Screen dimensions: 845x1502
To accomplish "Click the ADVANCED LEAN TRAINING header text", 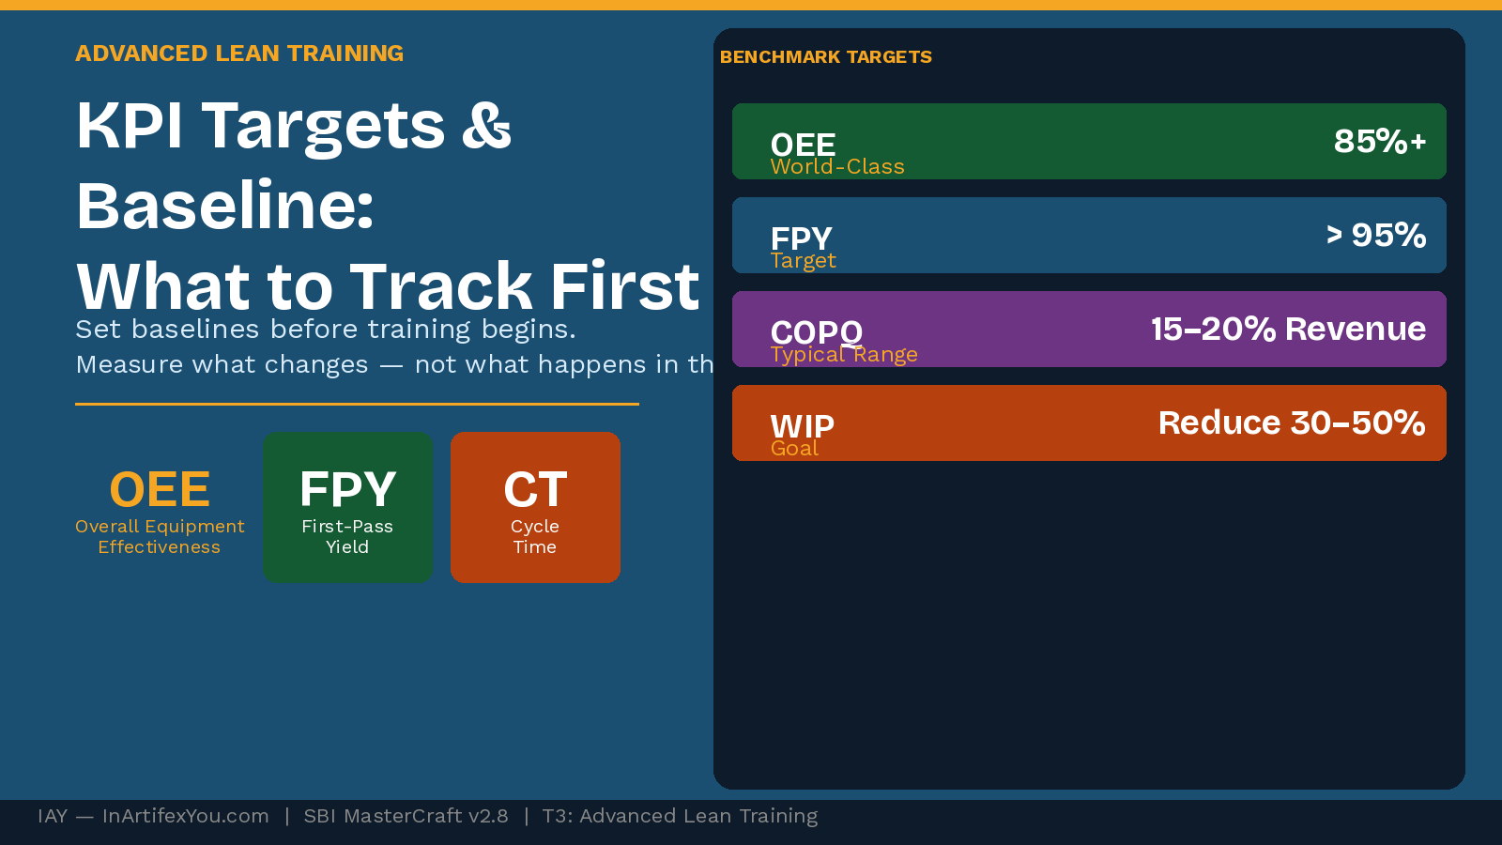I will (x=239, y=54).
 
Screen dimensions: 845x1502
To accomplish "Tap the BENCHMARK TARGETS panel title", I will (x=825, y=57).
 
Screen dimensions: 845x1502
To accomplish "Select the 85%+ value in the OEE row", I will (x=1379, y=141).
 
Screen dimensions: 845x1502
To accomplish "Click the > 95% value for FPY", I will (x=1375, y=235).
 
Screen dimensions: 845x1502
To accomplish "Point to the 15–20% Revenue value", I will (x=1288, y=329).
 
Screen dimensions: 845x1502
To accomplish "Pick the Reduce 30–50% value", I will (x=1292, y=422).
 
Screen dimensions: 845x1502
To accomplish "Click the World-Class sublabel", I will (x=837, y=167).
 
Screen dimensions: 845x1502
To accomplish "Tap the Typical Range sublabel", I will (x=844, y=355).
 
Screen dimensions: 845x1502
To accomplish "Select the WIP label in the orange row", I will (x=802, y=425).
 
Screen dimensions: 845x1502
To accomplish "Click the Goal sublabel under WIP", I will (x=794, y=449).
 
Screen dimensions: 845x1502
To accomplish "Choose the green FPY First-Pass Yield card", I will (x=347, y=507).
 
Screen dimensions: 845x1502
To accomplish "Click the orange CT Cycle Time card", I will (x=535, y=507).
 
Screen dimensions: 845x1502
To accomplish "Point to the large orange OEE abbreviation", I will (x=160, y=489).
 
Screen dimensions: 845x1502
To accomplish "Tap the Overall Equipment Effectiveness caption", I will (x=160, y=537).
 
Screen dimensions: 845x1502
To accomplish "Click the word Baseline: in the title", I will (x=225, y=206).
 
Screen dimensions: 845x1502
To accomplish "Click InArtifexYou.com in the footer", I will (x=185, y=816).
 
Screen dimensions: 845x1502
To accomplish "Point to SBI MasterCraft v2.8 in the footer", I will (x=406, y=816).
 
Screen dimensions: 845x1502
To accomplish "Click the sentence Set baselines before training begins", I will (x=326, y=330).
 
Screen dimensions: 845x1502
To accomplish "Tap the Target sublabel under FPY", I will (x=803, y=261).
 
